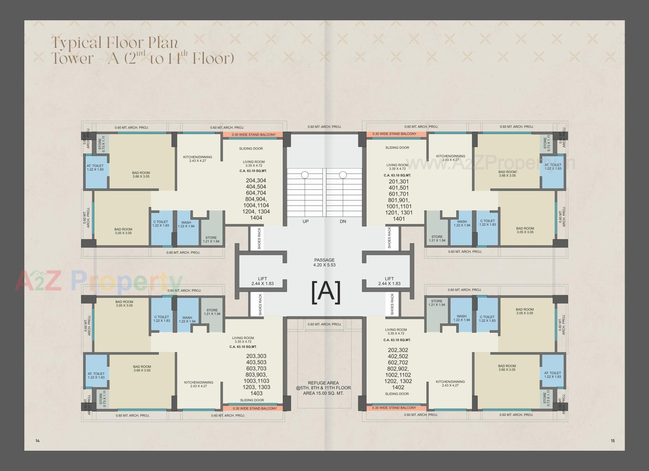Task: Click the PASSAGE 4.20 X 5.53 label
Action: click(324, 263)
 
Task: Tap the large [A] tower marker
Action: click(326, 292)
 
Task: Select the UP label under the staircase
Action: click(306, 222)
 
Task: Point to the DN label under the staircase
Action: click(343, 222)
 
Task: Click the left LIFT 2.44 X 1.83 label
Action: click(262, 281)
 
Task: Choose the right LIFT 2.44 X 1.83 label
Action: click(389, 281)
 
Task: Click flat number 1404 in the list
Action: click(256, 218)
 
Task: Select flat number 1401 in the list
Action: click(399, 219)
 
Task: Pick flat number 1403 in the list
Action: click(257, 393)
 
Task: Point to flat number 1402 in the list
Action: click(398, 387)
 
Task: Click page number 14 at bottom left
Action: click(38, 441)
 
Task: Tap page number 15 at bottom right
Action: click(612, 441)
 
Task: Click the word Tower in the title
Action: click(72, 58)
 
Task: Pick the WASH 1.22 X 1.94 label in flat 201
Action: click(462, 223)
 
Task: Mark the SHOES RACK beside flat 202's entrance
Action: click(392, 304)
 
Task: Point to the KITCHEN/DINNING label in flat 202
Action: click(450, 383)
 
